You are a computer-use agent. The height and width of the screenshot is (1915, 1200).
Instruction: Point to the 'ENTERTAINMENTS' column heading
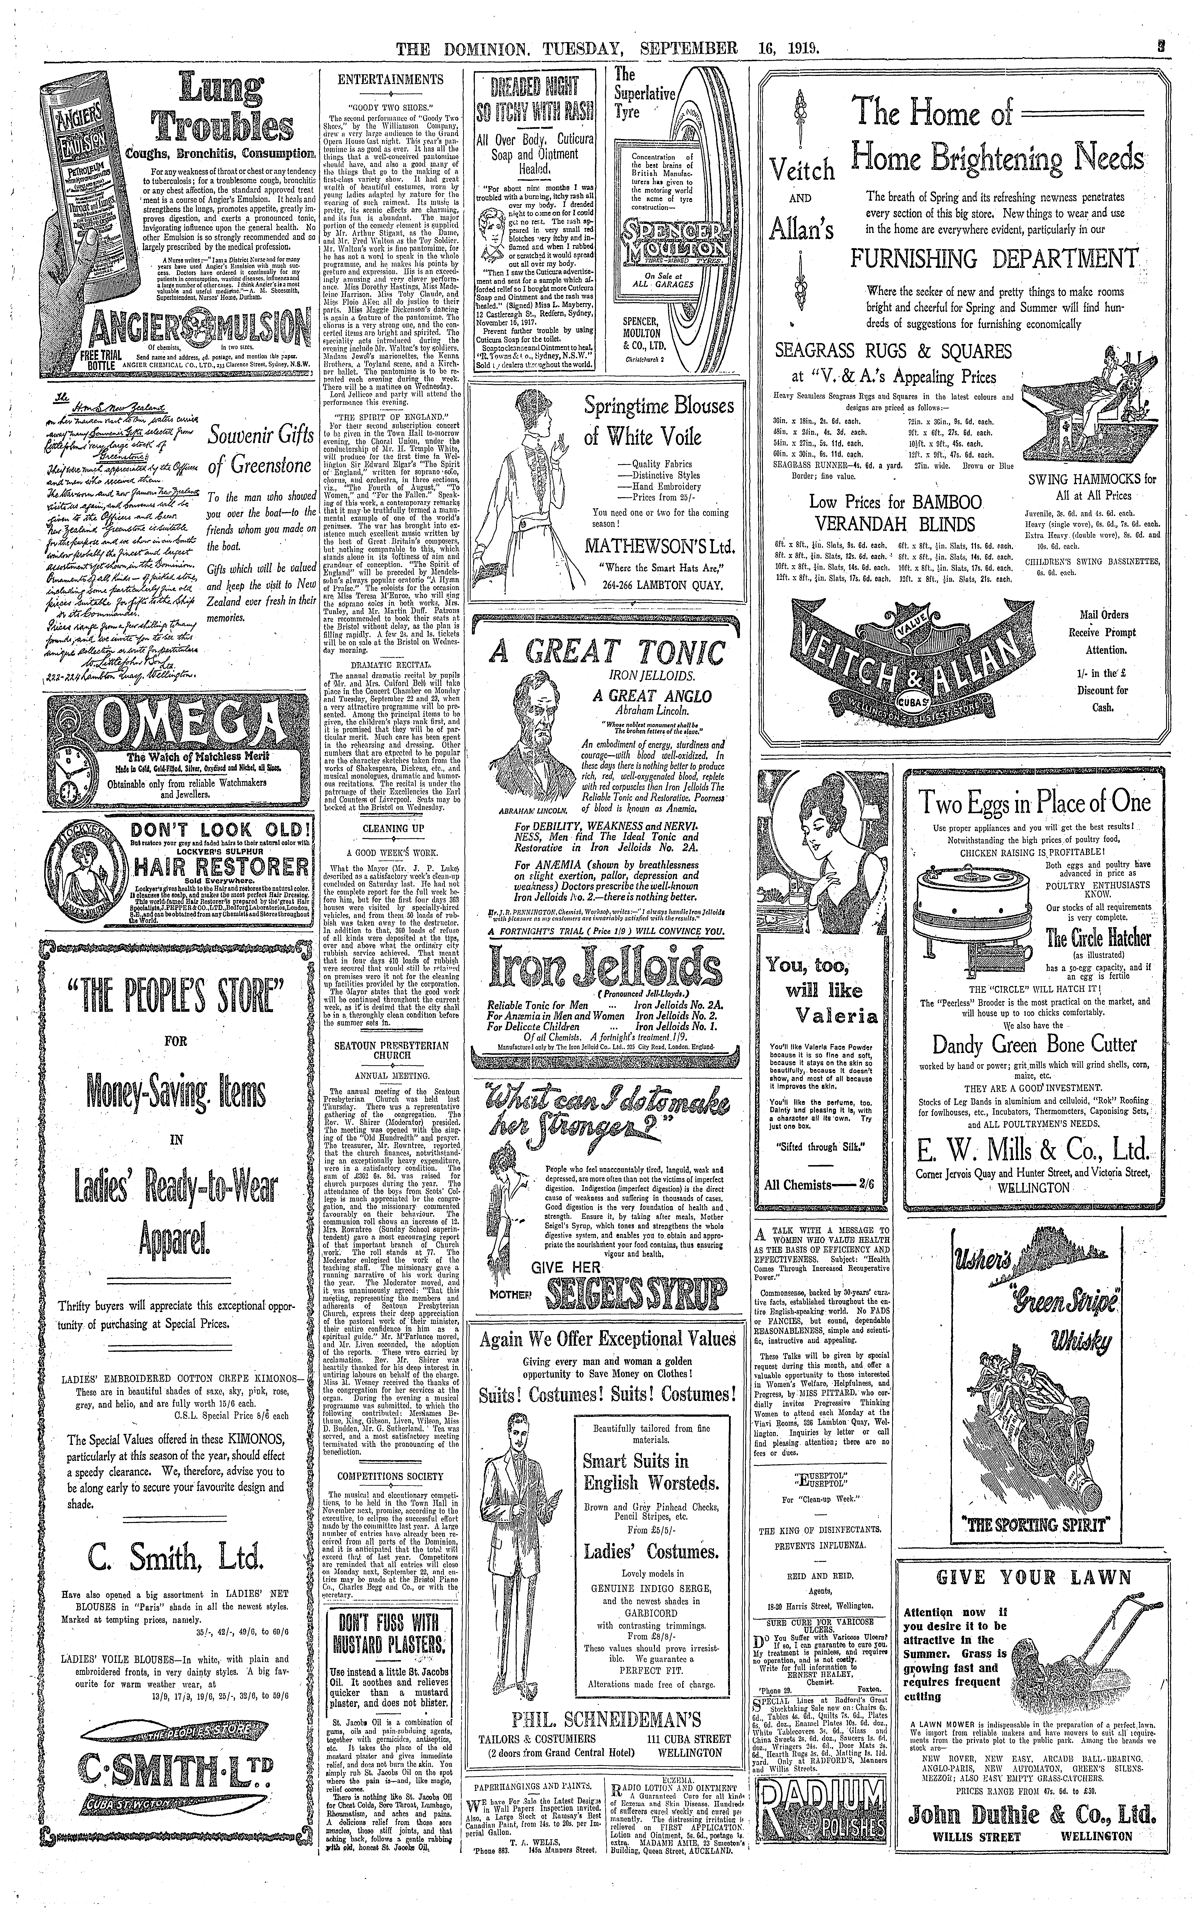coord(390,79)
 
